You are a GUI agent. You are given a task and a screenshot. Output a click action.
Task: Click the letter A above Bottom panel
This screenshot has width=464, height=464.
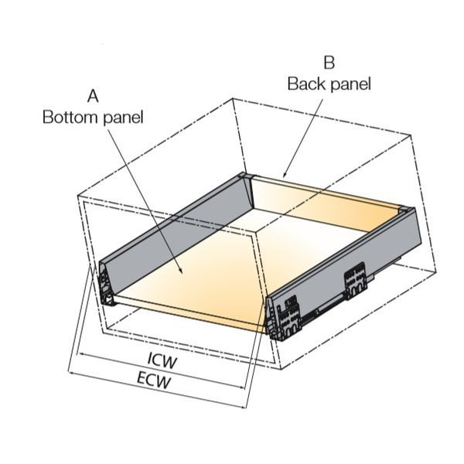click(93, 96)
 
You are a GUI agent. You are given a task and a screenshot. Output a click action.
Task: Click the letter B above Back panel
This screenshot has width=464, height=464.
click(329, 63)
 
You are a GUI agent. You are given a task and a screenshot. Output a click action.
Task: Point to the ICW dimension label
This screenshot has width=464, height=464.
click(162, 362)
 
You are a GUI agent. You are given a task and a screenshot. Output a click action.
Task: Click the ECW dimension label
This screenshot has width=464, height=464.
click(154, 380)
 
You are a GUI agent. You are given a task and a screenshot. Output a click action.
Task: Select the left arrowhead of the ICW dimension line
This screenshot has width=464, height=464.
click(80, 354)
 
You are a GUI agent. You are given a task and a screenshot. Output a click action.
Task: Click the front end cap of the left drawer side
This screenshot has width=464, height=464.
click(106, 284)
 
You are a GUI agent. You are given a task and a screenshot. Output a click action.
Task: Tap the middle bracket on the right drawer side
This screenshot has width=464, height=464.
click(356, 280)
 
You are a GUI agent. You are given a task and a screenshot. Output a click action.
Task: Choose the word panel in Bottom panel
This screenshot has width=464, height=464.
click(123, 118)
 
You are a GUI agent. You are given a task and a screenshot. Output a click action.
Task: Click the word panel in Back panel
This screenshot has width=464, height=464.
click(350, 85)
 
